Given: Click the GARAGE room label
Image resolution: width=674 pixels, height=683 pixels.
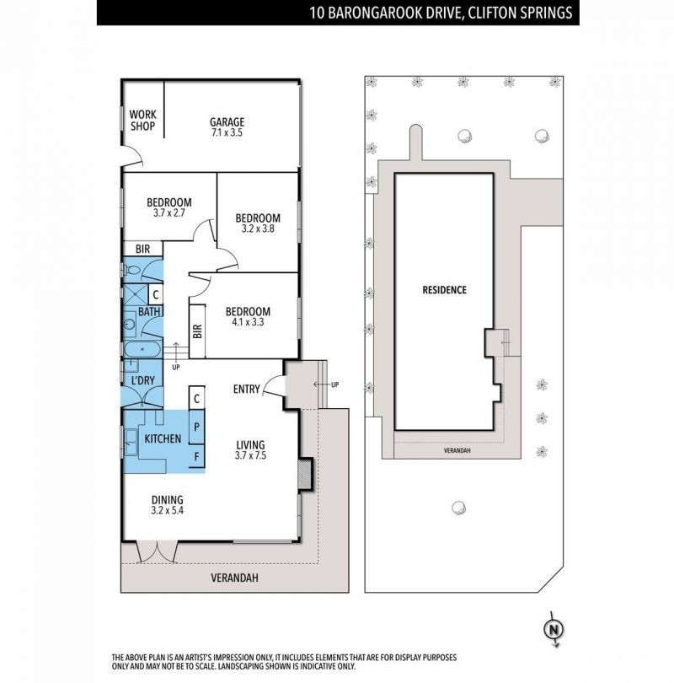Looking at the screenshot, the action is pyautogui.click(x=227, y=122).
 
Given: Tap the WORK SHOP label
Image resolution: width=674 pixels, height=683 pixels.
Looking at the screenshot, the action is pyautogui.click(x=142, y=121).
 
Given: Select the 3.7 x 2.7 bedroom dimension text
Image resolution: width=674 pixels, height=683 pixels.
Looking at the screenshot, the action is pyautogui.click(x=168, y=213).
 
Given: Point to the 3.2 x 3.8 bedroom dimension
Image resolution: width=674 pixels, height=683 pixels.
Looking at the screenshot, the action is pyautogui.click(x=258, y=229).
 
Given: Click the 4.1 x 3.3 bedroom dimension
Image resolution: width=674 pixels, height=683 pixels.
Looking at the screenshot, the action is pyautogui.click(x=248, y=322).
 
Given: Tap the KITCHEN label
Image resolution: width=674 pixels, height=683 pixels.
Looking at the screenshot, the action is pyautogui.click(x=163, y=438).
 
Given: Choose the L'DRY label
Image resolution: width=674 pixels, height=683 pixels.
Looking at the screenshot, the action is pyautogui.click(x=142, y=380).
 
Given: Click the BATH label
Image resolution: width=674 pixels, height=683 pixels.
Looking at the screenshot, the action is pyautogui.click(x=149, y=311).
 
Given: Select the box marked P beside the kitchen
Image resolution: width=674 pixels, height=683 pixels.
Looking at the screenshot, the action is pyautogui.click(x=196, y=427).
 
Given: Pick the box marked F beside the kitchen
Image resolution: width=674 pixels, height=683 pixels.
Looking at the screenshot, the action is pyautogui.click(x=196, y=456).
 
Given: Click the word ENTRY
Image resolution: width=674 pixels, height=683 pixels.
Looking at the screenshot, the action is pyautogui.click(x=246, y=389).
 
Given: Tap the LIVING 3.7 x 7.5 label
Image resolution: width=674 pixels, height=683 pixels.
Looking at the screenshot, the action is pyautogui.click(x=250, y=450).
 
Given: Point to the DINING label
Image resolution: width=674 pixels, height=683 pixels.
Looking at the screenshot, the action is pyautogui.click(x=167, y=500).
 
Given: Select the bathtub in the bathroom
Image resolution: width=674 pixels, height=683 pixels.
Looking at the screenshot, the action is pyautogui.click(x=142, y=349).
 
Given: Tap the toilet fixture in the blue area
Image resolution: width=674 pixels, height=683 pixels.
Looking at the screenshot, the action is pyautogui.click(x=131, y=270).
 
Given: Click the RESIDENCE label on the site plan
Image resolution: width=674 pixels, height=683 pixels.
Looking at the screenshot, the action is pyautogui.click(x=444, y=290).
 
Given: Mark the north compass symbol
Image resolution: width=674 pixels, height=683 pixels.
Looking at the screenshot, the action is pyautogui.click(x=554, y=629).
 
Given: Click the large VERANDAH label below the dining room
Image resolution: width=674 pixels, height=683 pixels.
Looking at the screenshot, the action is pyautogui.click(x=234, y=578).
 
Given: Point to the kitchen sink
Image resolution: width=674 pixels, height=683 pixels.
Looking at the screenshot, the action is pyautogui.click(x=131, y=442).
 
